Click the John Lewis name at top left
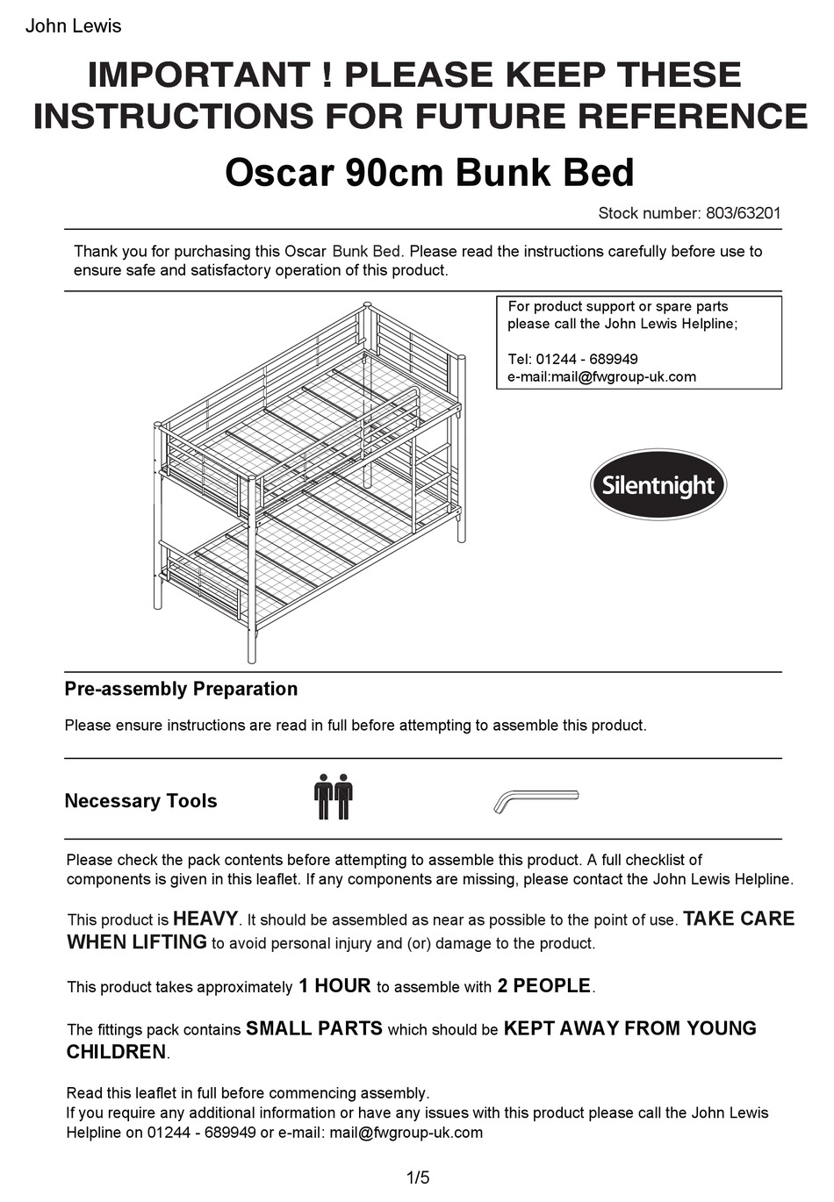tap(73, 26)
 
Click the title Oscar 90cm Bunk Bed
tap(429, 172)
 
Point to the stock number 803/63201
tap(743, 213)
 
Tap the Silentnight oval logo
tap(658, 485)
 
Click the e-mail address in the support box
tap(601, 377)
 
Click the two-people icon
tap(333, 797)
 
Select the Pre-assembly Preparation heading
tap(181, 689)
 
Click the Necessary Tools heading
tap(140, 801)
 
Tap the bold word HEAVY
tap(205, 919)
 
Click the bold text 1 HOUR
tap(334, 986)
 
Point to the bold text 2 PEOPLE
tap(544, 986)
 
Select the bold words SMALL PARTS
tap(313, 1028)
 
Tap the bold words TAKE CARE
tap(738, 919)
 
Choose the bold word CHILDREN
tap(116, 1052)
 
